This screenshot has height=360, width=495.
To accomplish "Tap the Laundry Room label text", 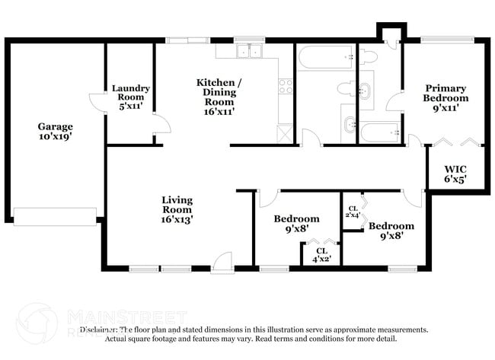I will pos(130,94).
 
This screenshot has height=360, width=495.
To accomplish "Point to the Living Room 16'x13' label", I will pos(177,209).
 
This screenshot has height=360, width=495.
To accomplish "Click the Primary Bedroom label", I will pos(445,97).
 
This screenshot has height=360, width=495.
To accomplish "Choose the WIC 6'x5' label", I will pos(455,174).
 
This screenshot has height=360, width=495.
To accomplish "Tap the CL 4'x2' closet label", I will pos(321,253).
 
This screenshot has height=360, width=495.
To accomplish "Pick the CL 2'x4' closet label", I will pos(353,212).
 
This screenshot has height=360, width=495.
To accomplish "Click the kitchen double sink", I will pos(248,52).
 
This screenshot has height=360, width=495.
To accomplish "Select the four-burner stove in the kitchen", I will pos(286,87).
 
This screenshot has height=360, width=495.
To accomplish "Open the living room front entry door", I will pos(223,263).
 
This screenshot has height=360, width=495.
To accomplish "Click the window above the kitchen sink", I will pos(249,40).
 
